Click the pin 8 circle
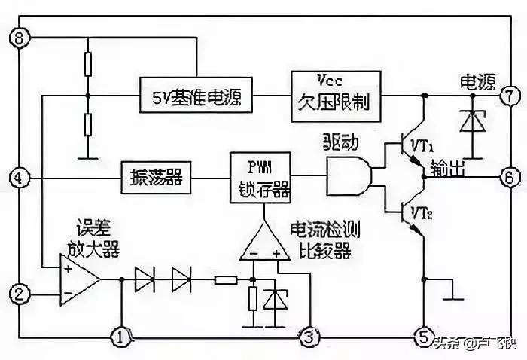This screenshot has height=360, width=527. (20, 36)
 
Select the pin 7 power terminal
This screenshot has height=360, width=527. (509, 96)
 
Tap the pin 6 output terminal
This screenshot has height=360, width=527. (509, 178)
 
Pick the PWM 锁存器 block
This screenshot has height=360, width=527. (260, 178)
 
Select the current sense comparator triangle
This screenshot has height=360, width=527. (263, 243)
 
